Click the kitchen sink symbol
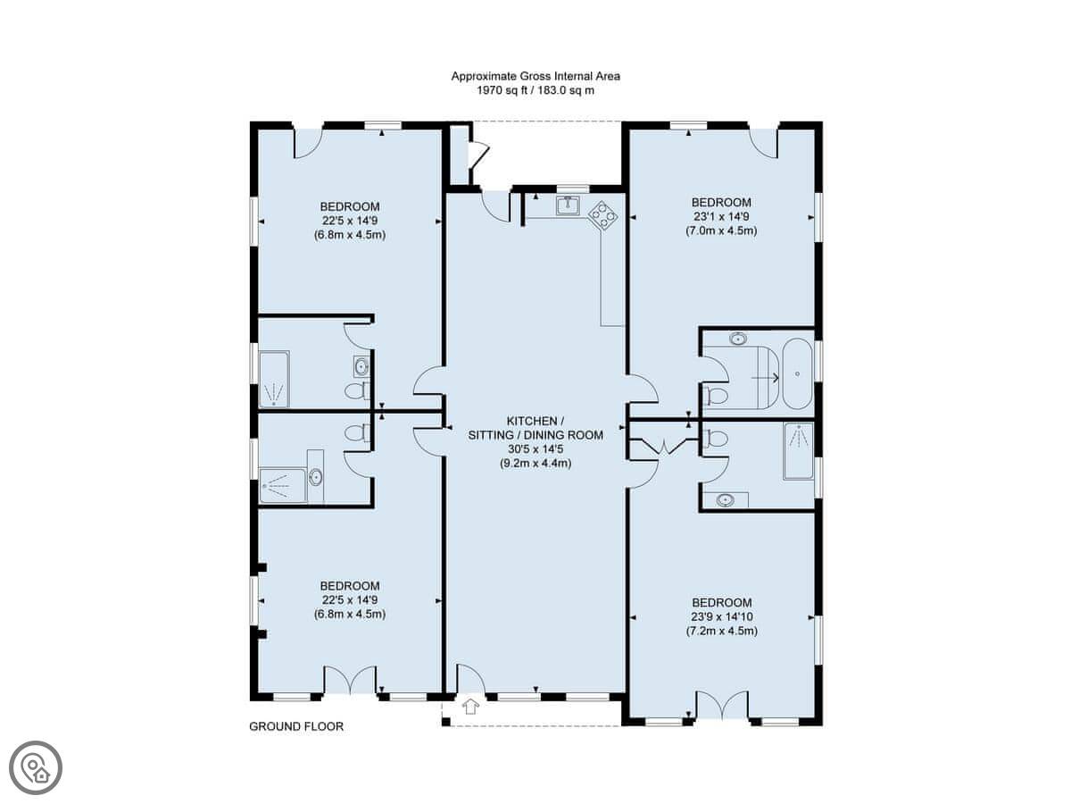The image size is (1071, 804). [568, 205]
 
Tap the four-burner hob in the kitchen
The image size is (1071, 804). [603, 215]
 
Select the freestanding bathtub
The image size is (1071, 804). [797, 373]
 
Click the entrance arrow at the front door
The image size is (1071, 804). [470, 707]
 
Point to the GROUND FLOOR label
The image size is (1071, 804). [296, 726]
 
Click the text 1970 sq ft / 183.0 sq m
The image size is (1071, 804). [535, 90]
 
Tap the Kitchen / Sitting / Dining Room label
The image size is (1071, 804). [535, 428]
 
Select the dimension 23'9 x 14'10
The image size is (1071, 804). [722, 616]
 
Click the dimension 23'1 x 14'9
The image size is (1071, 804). [721, 216]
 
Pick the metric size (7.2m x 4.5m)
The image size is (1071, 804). [722, 631]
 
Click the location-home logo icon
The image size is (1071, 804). [36, 768]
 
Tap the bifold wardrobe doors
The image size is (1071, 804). [665, 446]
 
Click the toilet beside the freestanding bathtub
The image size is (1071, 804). [715, 395]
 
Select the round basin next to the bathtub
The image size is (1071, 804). [738, 339]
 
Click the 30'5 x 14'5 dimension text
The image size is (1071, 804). [535, 448]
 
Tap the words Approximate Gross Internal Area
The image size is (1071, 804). [535, 76]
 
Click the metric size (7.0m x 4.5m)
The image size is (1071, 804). [721, 230]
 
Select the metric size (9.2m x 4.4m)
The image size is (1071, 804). [535, 463]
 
